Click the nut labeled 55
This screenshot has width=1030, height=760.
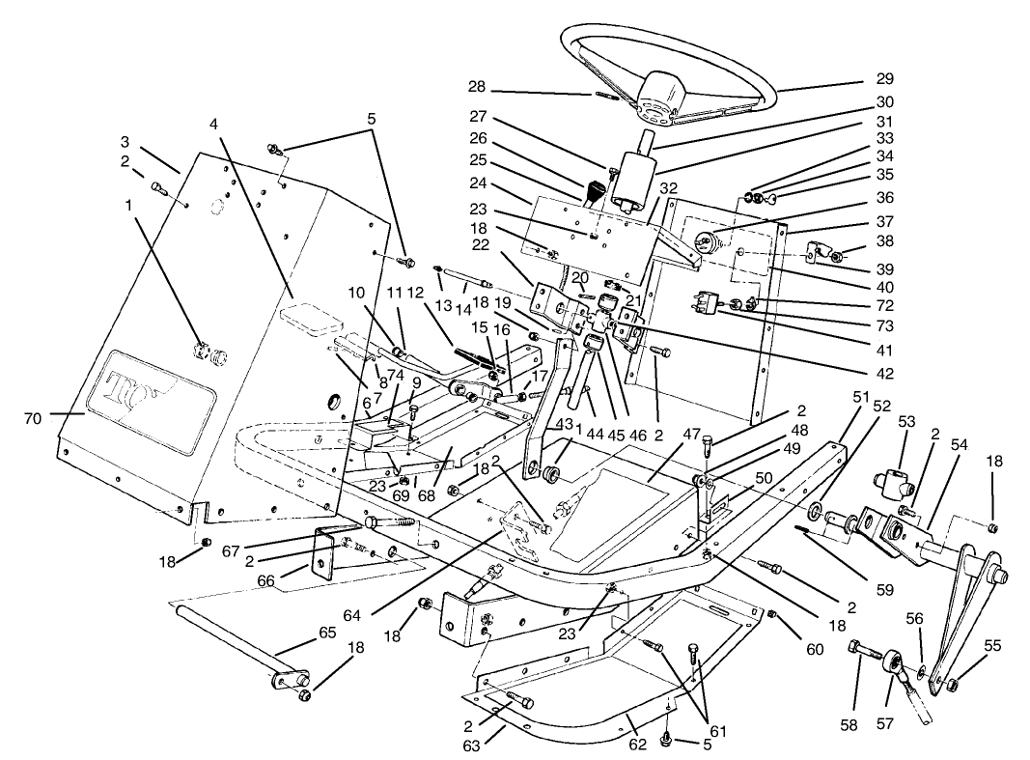tap(952, 685)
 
